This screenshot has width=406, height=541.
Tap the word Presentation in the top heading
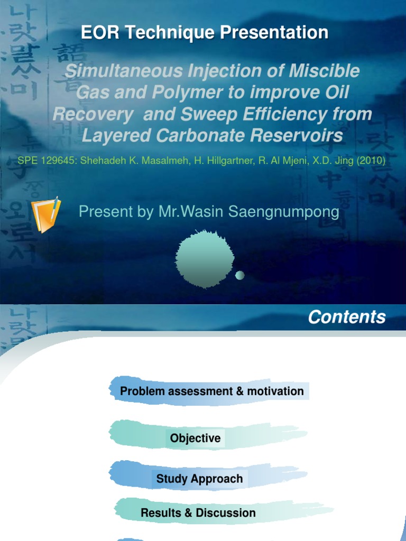(274, 33)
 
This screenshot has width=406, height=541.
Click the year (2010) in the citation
(369, 160)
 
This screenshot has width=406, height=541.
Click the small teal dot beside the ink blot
(239, 275)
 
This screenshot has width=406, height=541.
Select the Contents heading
(347, 317)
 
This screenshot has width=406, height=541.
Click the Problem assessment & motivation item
(211, 391)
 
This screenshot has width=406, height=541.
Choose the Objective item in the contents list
(195, 438)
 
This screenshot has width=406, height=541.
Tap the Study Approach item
(199, 479)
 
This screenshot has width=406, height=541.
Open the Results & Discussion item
(198, 512)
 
